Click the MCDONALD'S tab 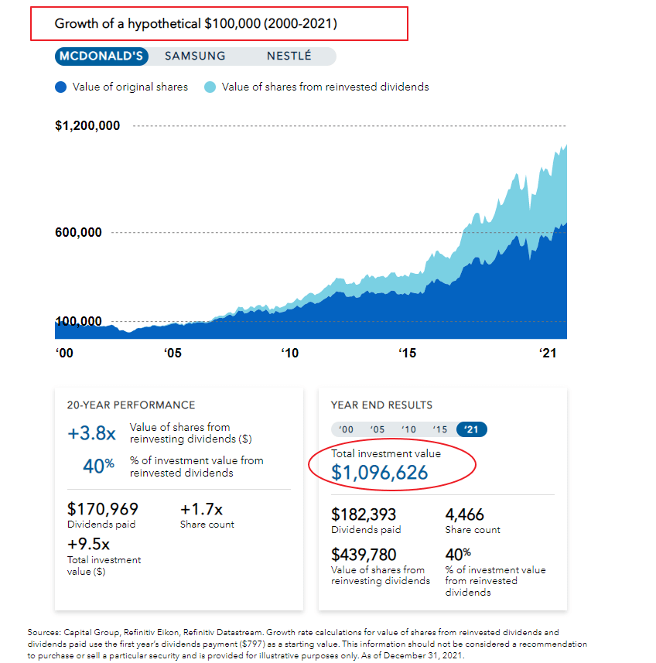coord(101,56)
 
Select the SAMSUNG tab coord(195,56)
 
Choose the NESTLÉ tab coord(289,56)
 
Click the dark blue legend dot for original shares coord(61,87)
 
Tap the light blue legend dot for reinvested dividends coord(210,87)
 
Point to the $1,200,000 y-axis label coord(87,125)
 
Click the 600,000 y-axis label coord(78,232)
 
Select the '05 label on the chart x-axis coord(173,353)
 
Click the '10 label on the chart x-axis coord(289,353)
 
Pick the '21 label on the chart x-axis coord(548,353)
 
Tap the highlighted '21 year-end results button coord(472,429)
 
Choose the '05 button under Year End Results coord(378,429)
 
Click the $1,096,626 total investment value coord(380,473)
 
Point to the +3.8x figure coord(92,433)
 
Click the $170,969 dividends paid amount coord(103,509)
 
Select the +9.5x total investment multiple coord(88,544)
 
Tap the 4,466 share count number coord(464,514)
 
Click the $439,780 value coord(364,555)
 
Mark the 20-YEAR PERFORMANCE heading coord(131,405)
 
